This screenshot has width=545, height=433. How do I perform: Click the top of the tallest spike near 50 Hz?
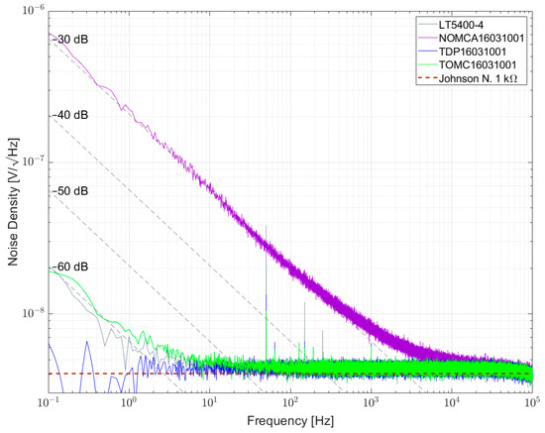click(267, 226)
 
